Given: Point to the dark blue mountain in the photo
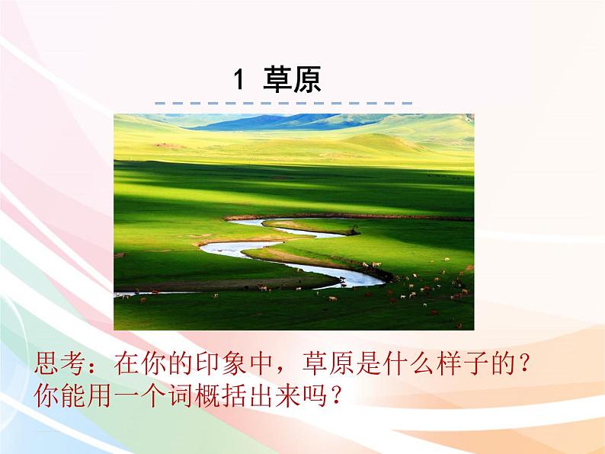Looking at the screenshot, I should pos(259,122).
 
